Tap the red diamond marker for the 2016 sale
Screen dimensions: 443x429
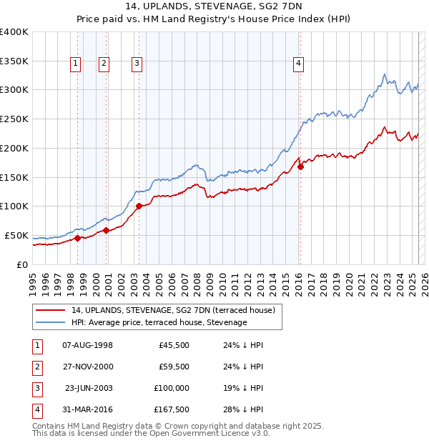click(301, 166)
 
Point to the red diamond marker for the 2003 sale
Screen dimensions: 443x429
click(139, 206)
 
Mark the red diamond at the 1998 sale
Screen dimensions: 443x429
click(77, 238)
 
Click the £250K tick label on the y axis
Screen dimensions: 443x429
click(14, 119)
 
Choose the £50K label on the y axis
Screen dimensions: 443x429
click(16, 235)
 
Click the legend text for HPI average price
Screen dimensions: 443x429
click(159, 323)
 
